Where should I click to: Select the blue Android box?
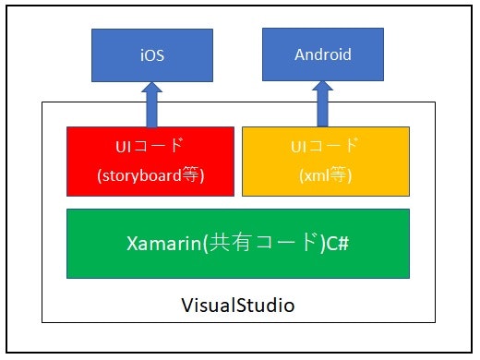coord(323,54)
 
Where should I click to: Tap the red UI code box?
coord(150,161)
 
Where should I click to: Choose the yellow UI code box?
coord(325,161)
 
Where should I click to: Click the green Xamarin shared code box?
coord(237,243)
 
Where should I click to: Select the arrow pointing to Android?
coord(323,102)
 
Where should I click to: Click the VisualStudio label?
coord(237,304)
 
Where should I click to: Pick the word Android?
coord(323,54)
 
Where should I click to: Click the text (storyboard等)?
coord(150,175)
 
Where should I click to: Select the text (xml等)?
coord(325,175)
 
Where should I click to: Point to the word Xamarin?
coord(160,244)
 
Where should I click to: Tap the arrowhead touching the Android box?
coord(323,88)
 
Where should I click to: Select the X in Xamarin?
coord(131,244)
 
